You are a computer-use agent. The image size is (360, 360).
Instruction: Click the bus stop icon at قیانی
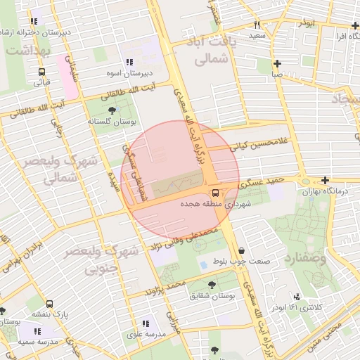41,72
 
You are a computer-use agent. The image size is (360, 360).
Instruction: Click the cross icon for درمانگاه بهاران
324,181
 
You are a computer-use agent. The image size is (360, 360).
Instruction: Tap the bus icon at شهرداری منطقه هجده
214,193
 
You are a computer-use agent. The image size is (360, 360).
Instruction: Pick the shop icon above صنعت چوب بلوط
243,251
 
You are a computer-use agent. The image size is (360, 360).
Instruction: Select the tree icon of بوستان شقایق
212,285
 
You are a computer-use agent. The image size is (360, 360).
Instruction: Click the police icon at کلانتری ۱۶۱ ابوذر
297,297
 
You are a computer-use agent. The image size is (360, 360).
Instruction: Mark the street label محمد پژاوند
165,287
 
